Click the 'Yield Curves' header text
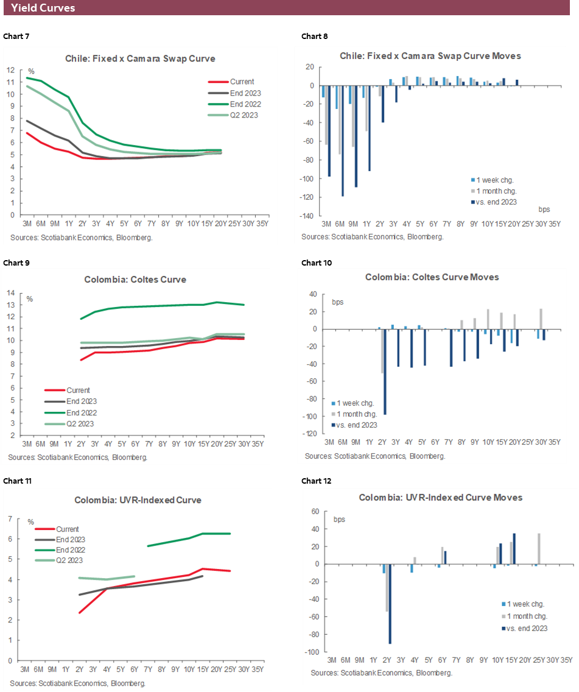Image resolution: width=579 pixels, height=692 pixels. coord(43,8)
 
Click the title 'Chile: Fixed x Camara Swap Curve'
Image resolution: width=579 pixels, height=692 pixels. coord(140,58)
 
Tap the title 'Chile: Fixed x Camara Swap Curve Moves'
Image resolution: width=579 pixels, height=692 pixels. coord(430,55)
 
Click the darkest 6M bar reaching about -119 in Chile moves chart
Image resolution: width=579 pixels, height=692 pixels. coord(343,141)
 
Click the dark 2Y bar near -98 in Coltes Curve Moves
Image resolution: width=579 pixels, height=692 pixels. coord(385,372)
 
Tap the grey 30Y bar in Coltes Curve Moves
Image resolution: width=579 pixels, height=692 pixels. coord(541,319)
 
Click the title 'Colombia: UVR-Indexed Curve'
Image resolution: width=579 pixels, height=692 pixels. coord(138,500)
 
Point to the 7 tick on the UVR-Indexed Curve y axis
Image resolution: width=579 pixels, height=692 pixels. coord(10,519)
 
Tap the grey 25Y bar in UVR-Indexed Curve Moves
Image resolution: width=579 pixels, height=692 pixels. coord(539,549)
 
